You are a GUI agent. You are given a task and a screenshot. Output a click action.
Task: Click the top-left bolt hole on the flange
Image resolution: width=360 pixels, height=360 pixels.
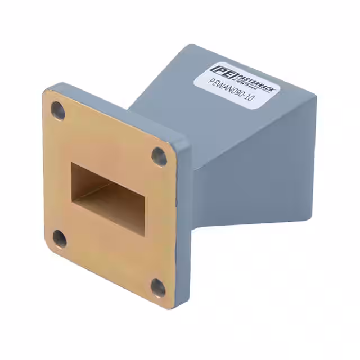click(58, 111)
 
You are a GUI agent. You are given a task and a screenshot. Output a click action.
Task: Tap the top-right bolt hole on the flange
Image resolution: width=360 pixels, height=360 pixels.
click(159, 156)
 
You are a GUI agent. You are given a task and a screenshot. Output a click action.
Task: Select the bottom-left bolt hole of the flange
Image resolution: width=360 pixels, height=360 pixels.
click(59, 239)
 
